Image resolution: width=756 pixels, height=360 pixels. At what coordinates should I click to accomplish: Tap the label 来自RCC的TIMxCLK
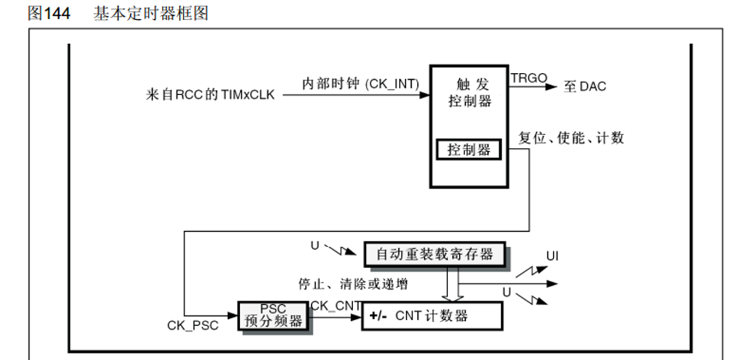click(210, 95)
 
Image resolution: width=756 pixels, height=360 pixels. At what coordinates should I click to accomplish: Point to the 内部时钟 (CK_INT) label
click(360, 83)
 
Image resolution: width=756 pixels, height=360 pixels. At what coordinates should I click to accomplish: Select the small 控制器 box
click(469, 149)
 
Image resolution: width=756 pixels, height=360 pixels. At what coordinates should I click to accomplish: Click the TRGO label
click(529, 78)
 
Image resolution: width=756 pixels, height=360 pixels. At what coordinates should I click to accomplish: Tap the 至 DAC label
click(585, 86)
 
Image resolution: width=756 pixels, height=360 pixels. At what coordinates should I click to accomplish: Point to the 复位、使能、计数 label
click(571, 138)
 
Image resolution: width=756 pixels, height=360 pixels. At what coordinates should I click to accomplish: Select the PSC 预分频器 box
click(273, 315)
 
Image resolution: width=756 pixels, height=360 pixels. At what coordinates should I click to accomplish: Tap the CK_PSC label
click(193, 325)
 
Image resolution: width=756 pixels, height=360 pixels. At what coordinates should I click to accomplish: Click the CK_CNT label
click(335, 305)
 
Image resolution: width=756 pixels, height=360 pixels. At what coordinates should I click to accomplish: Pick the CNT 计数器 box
click(433, 315)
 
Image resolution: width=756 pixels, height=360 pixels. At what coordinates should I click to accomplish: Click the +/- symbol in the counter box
click(378, 316)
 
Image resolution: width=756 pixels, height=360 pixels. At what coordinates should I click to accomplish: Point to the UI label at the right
click(552, 257)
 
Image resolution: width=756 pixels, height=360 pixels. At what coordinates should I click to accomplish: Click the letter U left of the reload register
click(315, 245)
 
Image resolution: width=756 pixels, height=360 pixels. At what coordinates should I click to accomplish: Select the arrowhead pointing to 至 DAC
click(551, 86)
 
